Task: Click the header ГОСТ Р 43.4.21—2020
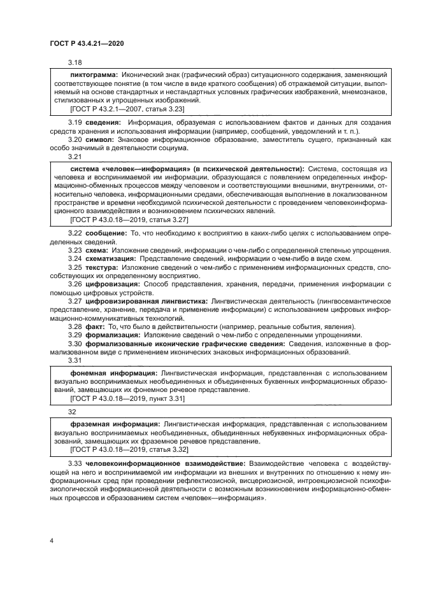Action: pyautogui.click(x=86, y=43)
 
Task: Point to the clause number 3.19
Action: pyautogui.click(x=75, y=122)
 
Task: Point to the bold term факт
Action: pyautogui.click(x=96, y=326)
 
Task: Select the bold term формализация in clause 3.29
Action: pyautogui.click(x=113, y=335)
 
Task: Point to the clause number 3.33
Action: pyautogui.click(x=75, y=465)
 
